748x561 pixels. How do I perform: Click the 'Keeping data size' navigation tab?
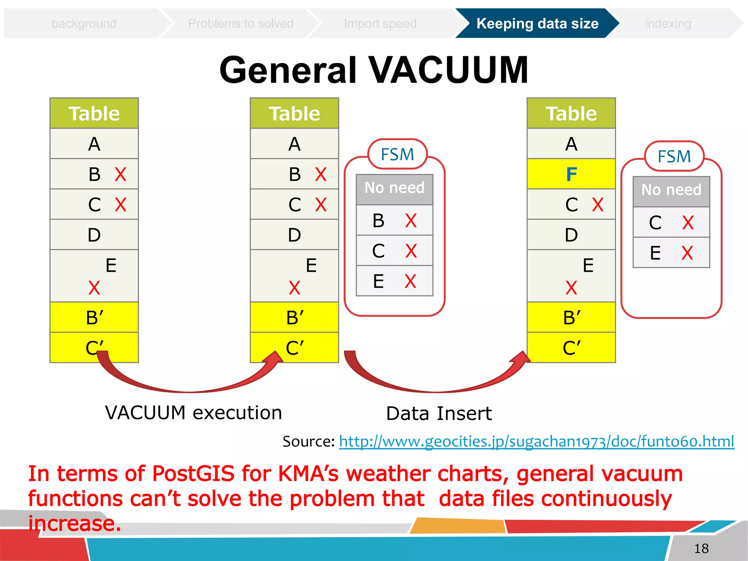537,24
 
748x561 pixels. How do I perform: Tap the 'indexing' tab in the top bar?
668,24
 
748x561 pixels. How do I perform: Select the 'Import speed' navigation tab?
380,24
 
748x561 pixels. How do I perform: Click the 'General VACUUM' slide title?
374,70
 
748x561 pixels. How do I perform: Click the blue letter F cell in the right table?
571,174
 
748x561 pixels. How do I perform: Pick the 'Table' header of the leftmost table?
94,114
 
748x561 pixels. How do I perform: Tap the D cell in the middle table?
294,235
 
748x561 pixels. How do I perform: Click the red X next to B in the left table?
121,174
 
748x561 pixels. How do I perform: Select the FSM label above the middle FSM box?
397,154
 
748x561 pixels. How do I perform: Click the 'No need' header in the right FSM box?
671,190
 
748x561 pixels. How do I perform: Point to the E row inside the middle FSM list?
394,281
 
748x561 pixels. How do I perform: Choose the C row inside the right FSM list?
671,222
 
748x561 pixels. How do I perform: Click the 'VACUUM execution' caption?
194,413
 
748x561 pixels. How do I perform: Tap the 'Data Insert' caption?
439,413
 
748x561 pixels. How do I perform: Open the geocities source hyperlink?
536,441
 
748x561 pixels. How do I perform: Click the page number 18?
701,548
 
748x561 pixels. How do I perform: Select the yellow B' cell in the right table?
571,317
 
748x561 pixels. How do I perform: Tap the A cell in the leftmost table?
94,144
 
